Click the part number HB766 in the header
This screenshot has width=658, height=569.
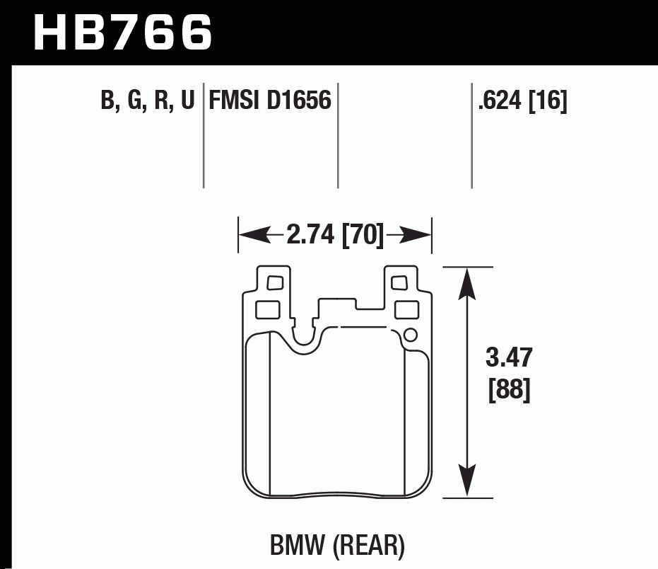(x=122, y=32)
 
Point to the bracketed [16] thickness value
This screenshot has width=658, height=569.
(x=548, y=100)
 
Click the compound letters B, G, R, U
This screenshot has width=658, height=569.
(x=147, y=100)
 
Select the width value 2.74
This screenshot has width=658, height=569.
(x=312, y=234)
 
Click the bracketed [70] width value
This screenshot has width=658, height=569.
(x=363, y=234)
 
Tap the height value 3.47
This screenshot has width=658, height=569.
(x=509, y=358)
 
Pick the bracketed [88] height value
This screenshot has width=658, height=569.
(x=509, y=389)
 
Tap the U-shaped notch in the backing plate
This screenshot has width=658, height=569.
(x=305, y=338)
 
